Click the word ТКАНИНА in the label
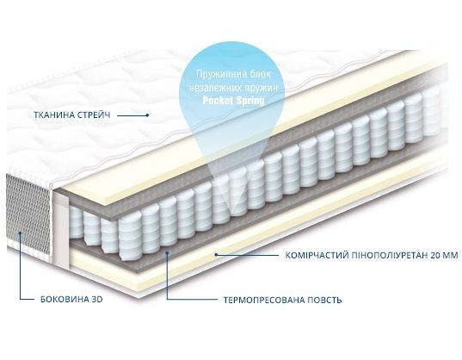coord(53,115)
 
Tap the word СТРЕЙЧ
coord(94,115)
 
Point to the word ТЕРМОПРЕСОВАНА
coord(264,301)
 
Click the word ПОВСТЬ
coord(324,301)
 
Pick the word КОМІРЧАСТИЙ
coord(317,255)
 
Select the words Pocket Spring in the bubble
coord(233,101)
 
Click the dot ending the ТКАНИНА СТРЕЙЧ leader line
coord(148,115)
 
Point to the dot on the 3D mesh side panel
coord(20,233)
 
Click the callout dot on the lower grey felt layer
coord(167,252)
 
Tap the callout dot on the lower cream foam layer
coord(216,254)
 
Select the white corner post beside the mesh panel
coord(60,230)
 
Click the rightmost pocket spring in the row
coord(431,110)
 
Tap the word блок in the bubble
coord(260,74)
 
